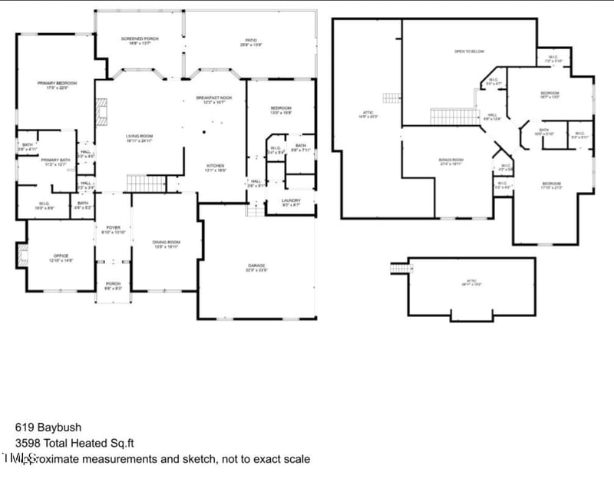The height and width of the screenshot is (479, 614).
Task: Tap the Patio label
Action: click(251, 42)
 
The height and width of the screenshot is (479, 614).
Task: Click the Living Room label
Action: click(140, 138)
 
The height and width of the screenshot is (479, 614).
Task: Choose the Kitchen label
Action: click(215, 167)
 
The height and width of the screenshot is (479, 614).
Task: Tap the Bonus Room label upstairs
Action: click(451, 161)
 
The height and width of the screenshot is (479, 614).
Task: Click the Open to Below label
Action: click(469, 51)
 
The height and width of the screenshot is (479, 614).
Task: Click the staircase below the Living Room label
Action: click(145, 183)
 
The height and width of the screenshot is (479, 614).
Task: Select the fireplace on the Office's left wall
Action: click(21, 254)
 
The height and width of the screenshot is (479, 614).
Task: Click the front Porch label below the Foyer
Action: click(113, 285)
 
